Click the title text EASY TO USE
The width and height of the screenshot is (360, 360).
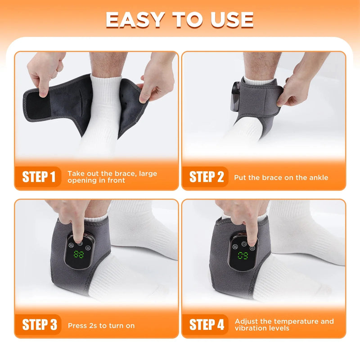point(180,19)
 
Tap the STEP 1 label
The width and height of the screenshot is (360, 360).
point(41,176)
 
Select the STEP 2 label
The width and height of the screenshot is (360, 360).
point(207,176)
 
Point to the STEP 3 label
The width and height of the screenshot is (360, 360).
point(41,324)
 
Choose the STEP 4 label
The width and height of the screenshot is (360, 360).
point(207,324)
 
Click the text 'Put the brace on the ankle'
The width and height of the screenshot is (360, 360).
point(281,177)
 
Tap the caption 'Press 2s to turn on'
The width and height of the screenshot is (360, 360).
point(101,325)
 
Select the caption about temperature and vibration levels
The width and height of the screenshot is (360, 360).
point(284,324)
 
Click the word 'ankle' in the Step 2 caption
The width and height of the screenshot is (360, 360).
point(319,177)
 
